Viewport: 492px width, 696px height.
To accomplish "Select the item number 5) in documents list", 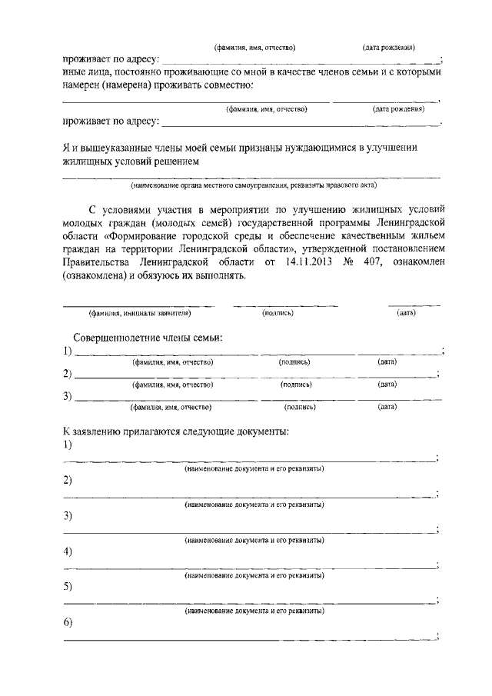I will [x=68, y=587].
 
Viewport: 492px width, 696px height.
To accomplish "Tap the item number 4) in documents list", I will [x=68, y=551].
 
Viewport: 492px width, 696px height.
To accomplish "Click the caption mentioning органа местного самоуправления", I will [x=253, y=185].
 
